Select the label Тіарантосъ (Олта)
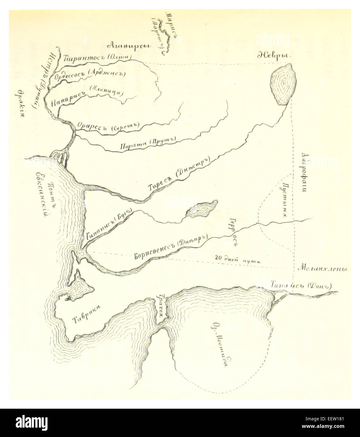click(x=93, y=58)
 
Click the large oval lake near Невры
click(x=283, y=84)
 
